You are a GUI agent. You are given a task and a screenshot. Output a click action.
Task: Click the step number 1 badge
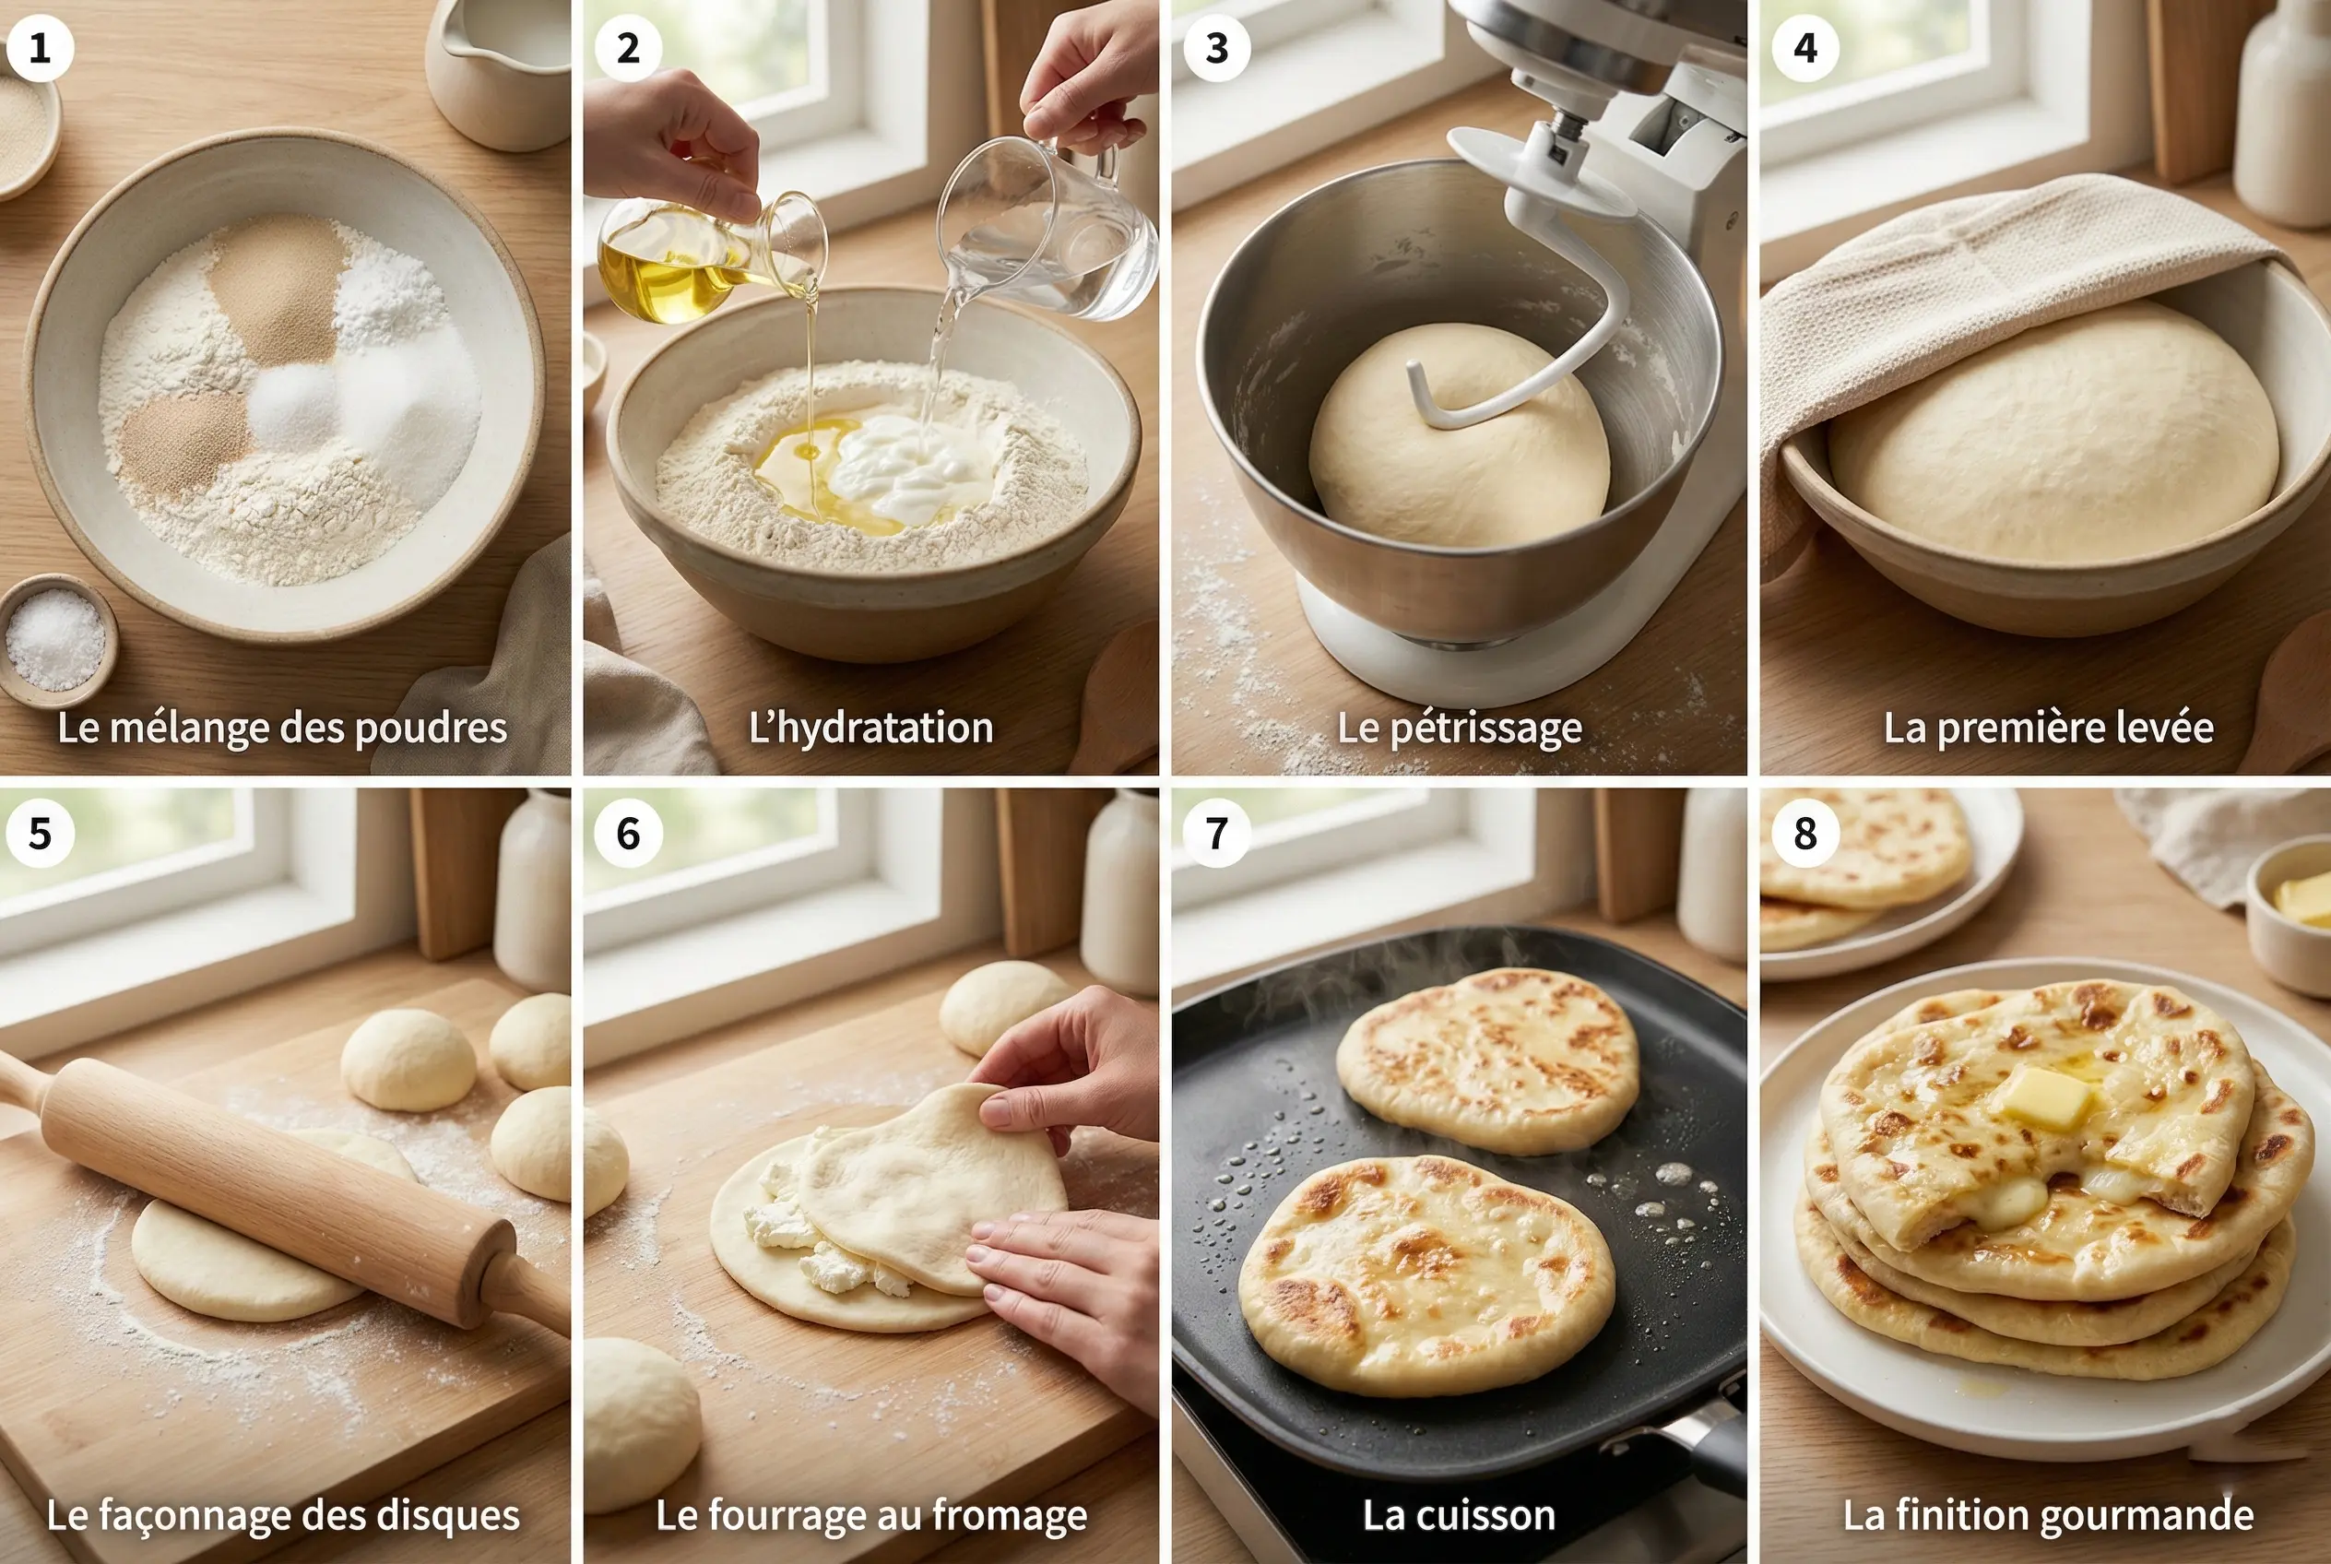coord(40,48)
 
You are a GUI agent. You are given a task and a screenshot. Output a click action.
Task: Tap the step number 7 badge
coord(1216,833)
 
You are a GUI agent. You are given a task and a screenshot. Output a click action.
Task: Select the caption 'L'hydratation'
coord(870,729)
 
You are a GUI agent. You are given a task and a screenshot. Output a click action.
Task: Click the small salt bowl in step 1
coord(56,638)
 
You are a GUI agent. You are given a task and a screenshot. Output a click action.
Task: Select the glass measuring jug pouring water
coord(1047,234)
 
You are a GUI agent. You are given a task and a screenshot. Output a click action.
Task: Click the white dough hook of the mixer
coord(1556,299)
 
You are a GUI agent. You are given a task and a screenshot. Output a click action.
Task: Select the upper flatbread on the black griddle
coord(1486,1058)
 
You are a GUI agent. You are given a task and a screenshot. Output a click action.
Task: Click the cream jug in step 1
coord(499,70)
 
